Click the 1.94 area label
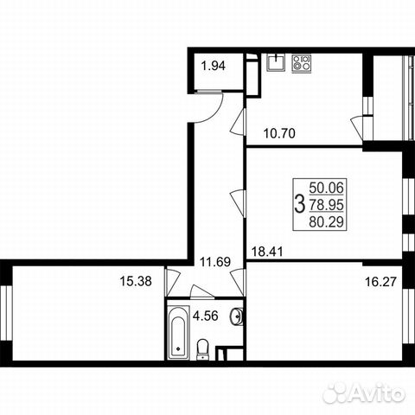(214, 64)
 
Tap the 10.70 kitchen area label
(279, 134)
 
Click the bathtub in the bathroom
(178, 335)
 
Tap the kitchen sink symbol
(276, 61)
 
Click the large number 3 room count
(299, 204)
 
